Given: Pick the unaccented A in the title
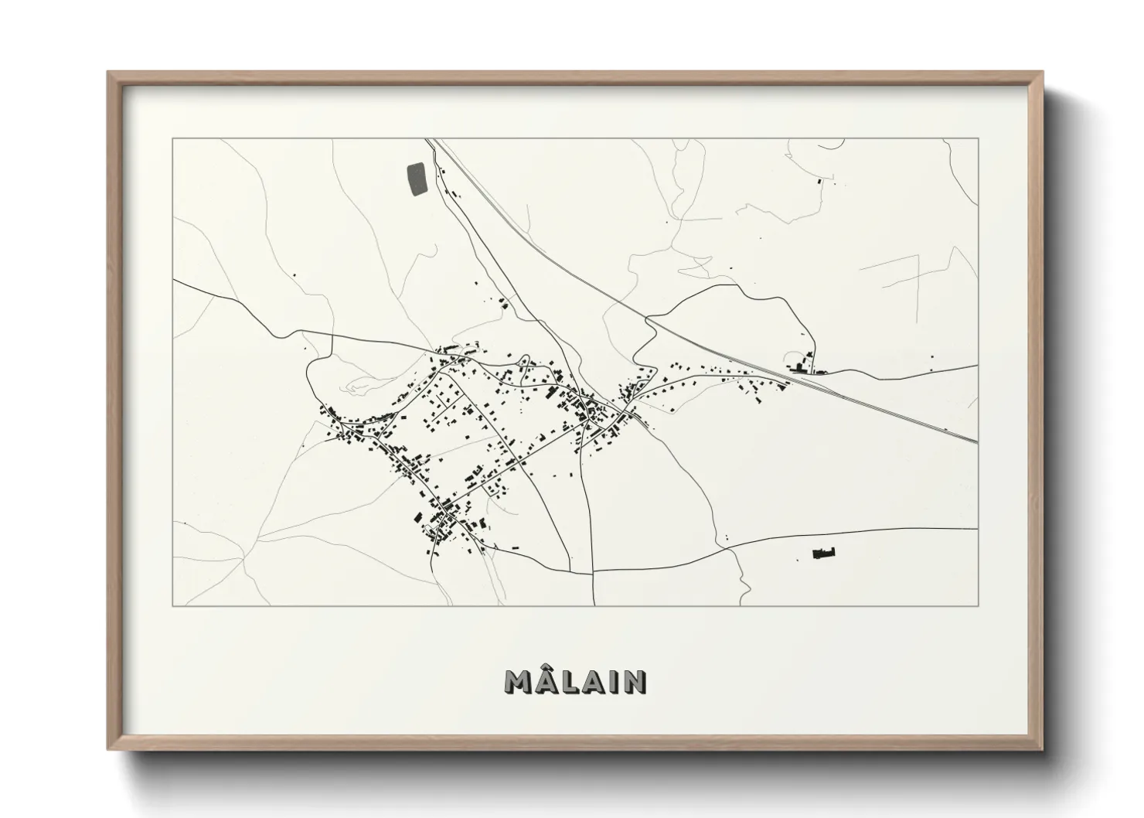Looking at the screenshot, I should pos(594,681).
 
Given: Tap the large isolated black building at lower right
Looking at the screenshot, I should pos(824,553).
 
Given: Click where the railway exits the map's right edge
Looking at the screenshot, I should pos(977,441).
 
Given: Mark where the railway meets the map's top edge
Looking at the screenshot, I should pos(430,139).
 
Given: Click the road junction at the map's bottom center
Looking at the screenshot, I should pos(593,571).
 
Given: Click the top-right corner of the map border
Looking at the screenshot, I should pos(978,138).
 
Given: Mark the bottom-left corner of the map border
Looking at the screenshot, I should pos(172,605).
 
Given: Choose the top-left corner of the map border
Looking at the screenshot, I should pos(172,138).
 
